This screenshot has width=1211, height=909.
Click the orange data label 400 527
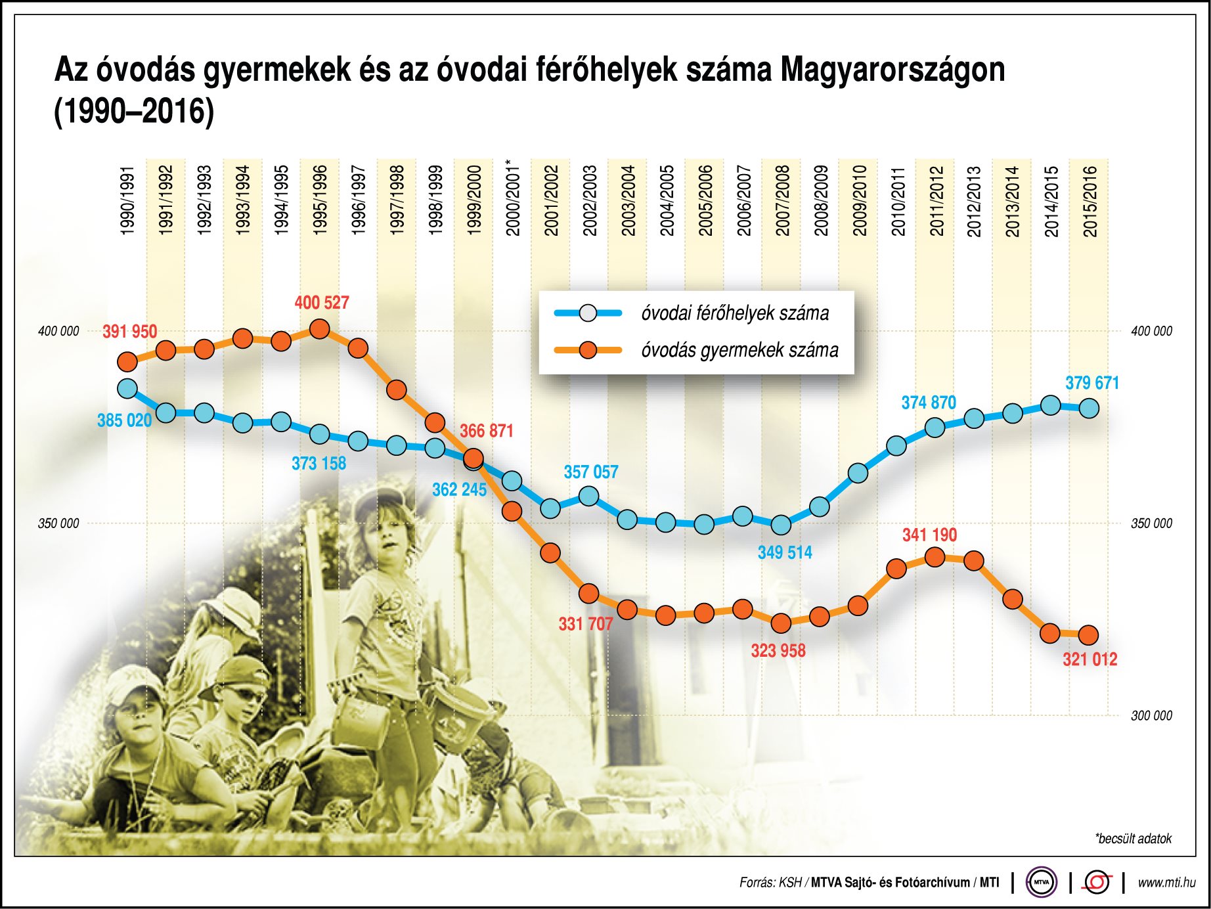(x=321, y=303)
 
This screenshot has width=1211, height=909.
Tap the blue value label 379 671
(x=1091, y=383)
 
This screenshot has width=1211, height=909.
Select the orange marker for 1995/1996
(x=319, y=329)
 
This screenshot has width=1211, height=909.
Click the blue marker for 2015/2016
(x=1089, y=409)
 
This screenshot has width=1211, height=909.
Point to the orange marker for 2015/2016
(x=1088, y=635)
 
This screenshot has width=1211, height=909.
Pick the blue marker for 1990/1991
(x=127, y=389)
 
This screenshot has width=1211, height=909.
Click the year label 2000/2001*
(x=513, y=197)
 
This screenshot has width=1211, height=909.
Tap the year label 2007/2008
(x=782, y=200)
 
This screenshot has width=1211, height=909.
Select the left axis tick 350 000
(x=58, y=523)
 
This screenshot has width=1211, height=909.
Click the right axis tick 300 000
(x=1151, y=716)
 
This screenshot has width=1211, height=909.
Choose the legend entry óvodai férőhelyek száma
(x=734, y=313)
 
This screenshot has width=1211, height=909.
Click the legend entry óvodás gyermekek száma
(x=739, y=350)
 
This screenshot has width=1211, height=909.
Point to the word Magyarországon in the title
(x=892, y=70)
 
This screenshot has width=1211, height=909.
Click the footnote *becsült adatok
(x=1133, y=839)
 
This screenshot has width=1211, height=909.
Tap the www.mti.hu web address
(x=1166, y=883)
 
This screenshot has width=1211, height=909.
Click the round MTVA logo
(x=1042, y=882)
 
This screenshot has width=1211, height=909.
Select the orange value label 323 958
(x=778, y=651)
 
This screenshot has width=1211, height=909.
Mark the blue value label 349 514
(x=785, y=553)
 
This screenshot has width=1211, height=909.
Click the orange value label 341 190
(x=929, y=535)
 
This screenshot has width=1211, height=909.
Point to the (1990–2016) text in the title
(x=134, y=111)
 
